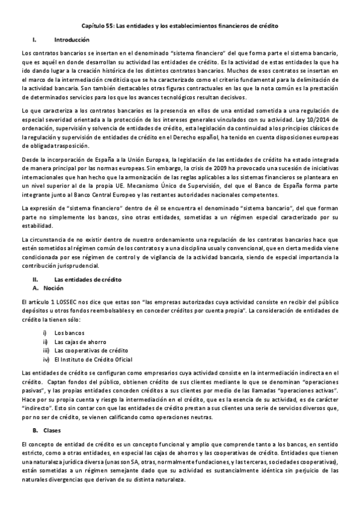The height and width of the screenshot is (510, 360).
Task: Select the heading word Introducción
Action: click(72, 40)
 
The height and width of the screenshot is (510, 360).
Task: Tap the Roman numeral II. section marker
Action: click(35, 280)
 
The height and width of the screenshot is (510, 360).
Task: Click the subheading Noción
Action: click(63, 289)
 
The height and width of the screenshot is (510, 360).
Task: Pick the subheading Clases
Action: click(63, 431)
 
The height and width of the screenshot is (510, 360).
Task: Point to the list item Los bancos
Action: click(69, 333)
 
